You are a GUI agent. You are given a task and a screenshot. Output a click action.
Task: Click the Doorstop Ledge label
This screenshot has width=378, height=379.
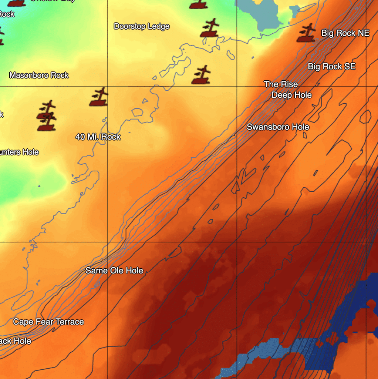click(142, 26)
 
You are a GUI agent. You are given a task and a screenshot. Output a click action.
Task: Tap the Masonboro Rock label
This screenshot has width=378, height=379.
click(39, 76)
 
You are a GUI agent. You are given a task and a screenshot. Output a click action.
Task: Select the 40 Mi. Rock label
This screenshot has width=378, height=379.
click(98, 137)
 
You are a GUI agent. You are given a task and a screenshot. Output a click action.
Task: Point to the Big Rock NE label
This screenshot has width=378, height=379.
click(345, 33)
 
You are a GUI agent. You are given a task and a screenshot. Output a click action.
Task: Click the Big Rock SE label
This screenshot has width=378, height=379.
click(332, 67)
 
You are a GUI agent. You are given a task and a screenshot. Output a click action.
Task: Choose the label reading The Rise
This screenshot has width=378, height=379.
click(281, 84)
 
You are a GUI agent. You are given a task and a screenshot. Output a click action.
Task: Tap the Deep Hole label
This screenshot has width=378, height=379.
click(291, 95)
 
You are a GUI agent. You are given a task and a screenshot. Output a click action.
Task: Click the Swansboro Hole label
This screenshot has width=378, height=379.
click(278, 127)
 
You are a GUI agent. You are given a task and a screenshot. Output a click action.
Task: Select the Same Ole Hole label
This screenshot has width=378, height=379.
click(114, 271)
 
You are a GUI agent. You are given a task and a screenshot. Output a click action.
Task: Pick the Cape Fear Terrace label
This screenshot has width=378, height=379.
click(48, 322)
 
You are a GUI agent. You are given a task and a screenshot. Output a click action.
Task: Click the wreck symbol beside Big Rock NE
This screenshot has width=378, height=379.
click(306, 33)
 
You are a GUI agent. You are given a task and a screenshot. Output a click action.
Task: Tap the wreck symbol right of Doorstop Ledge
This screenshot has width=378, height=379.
click(210, 28)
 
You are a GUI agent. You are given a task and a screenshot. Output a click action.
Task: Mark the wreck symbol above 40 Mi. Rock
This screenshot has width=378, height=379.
click(99, 97)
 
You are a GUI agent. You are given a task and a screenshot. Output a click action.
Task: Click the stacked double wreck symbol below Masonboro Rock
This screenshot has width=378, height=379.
click(47, 115)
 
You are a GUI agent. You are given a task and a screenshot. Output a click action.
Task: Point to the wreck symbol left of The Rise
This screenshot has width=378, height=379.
click(202, 75)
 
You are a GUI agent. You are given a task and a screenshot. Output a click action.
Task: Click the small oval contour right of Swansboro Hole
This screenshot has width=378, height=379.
click(365, 117)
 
